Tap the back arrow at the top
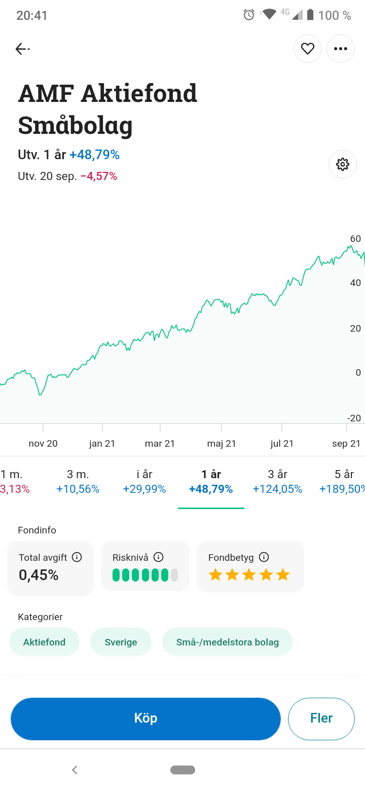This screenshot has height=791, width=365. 22,49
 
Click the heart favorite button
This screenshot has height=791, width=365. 308,49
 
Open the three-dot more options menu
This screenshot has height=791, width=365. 341,49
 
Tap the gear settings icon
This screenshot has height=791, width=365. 343,164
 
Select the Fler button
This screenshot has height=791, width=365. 321,718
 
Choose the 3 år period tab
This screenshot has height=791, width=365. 277,481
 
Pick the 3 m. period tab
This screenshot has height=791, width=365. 78,481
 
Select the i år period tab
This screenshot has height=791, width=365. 144,481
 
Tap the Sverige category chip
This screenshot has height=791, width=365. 121,642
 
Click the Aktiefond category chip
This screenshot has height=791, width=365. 44,642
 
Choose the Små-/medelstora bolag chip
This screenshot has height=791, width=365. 227,642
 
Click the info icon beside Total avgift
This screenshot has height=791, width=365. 77,557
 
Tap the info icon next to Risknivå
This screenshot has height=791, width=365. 158,557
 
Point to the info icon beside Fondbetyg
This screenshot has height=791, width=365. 264,557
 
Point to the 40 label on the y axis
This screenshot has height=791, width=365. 355,283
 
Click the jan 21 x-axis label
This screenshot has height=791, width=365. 102,444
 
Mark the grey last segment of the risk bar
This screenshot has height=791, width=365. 174,575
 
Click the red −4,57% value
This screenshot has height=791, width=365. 99,176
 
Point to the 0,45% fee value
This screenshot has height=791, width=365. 39,575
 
